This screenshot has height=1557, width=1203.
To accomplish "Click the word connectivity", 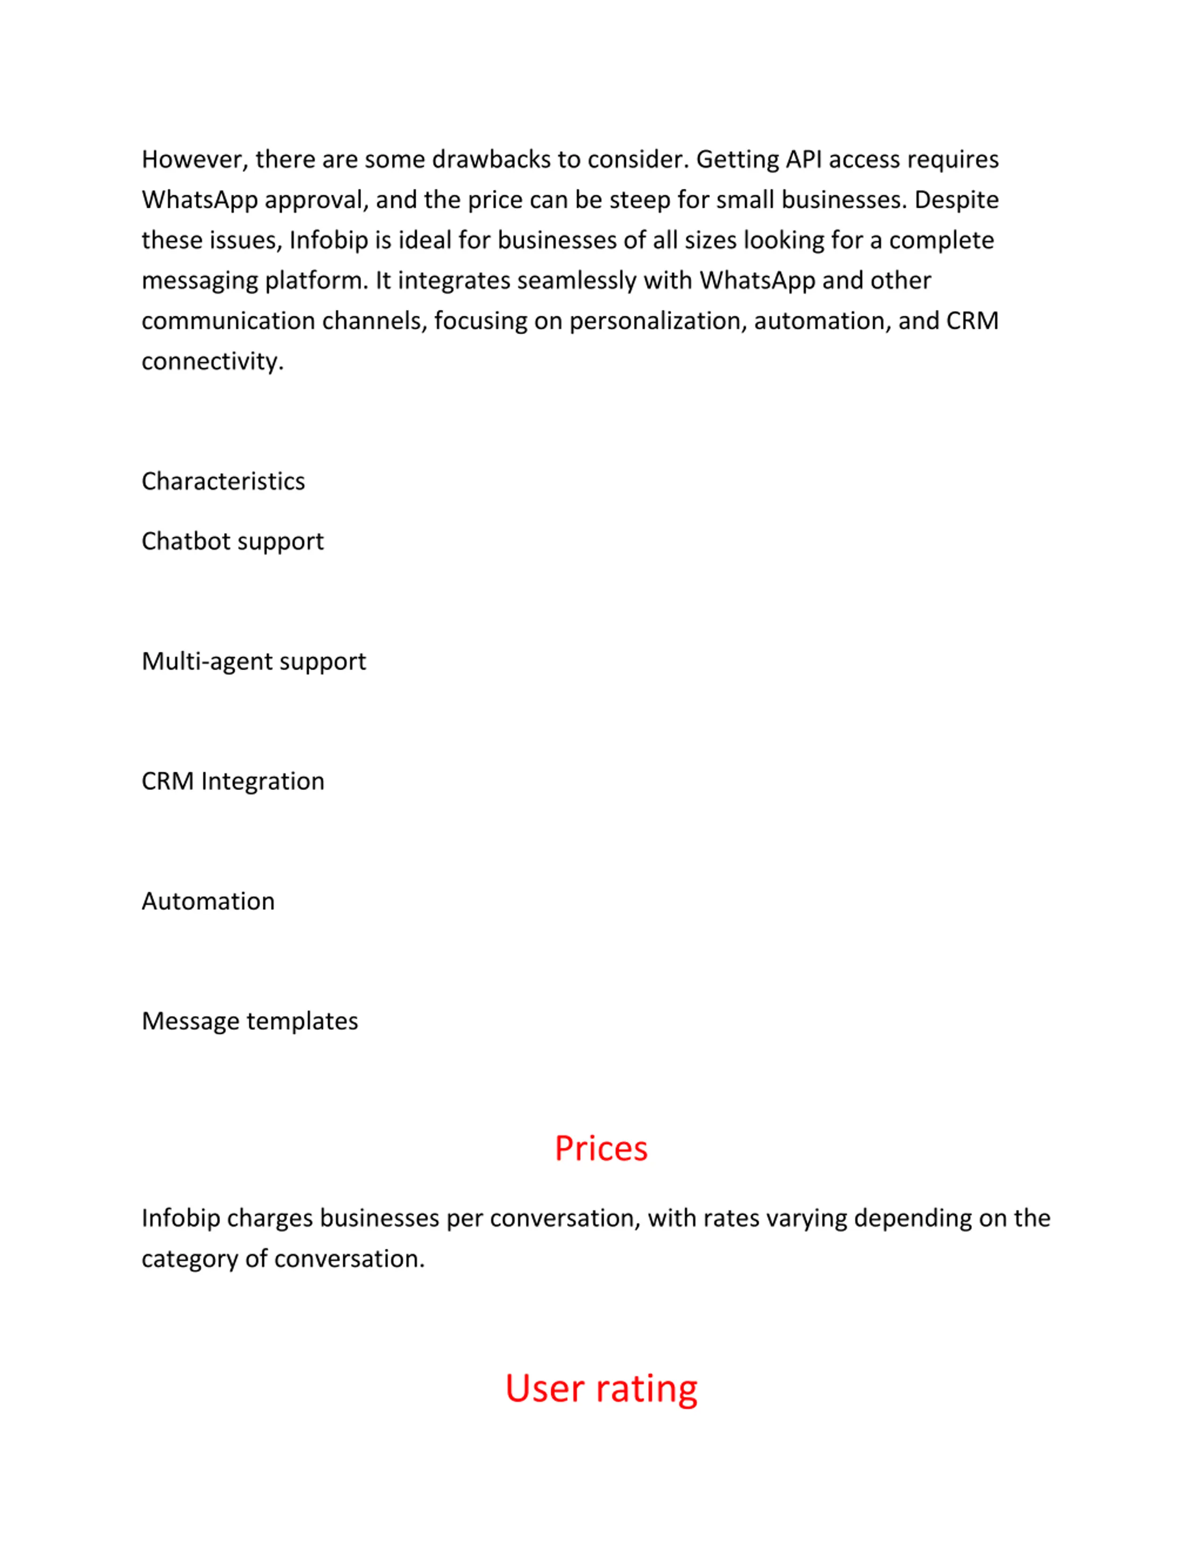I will [211, 361].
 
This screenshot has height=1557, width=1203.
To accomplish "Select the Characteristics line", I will [223, 481].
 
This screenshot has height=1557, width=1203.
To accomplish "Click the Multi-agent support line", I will [254, 662].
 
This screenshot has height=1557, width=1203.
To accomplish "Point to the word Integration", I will [262, 782].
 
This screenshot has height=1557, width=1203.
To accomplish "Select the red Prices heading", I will [601, 1149].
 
